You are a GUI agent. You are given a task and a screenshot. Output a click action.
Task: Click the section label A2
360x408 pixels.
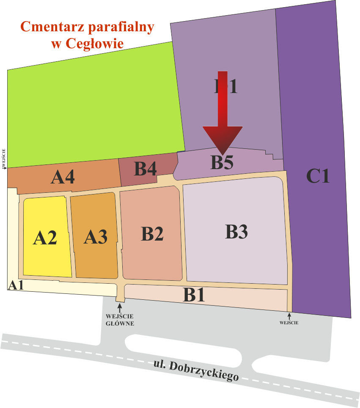pyautogui.click(x=45, y=238)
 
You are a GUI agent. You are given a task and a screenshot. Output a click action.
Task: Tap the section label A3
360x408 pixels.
pyautogui.click(x=95, y=236)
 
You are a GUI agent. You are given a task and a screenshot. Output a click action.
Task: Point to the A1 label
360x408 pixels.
pyautogui.click(x=16, y=285)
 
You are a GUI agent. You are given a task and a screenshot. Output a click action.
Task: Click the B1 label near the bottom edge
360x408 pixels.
pyautogui.click(x=194, y=295)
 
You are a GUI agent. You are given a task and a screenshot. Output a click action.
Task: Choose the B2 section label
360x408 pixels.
pyautogui.click(x=152, y=234)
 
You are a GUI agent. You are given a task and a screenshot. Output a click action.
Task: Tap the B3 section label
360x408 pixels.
pyautogui.click(x=236, y=232)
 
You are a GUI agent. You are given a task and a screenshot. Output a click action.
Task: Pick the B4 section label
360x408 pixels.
pyautogui.click(x=146, y=169)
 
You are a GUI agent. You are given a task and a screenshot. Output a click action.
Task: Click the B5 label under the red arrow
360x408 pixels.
pyautogui.click(x=222, y=163)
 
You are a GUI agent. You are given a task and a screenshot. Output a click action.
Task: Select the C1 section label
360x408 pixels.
pyautogui.click(x=318, y=176)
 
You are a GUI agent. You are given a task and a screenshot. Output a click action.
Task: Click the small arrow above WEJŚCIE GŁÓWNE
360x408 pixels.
pyautogui.click(x=120, y=309)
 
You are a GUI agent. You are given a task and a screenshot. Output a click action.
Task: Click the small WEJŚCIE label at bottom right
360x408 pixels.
pyautogui.click(x=289, y=323)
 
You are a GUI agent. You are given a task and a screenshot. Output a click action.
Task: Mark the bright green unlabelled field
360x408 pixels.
pyautogui.click(x=93, y=110)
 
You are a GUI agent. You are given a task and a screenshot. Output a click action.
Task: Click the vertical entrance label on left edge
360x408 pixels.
pyautogui.click(x=4, y=159)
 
